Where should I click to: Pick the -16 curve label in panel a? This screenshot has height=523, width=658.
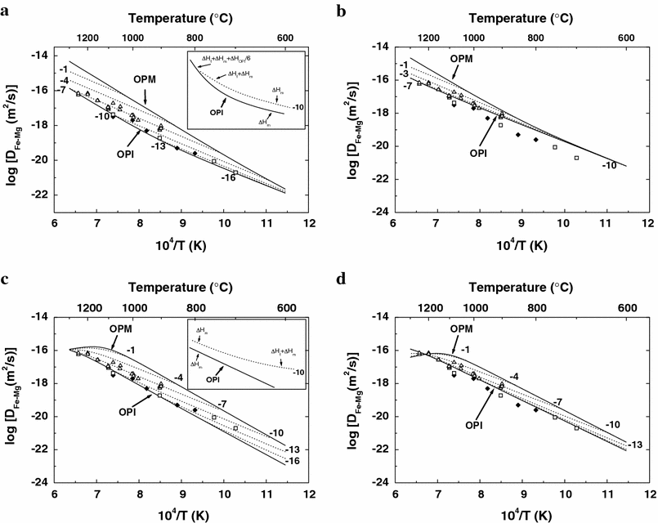click(x=229, y=177)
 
